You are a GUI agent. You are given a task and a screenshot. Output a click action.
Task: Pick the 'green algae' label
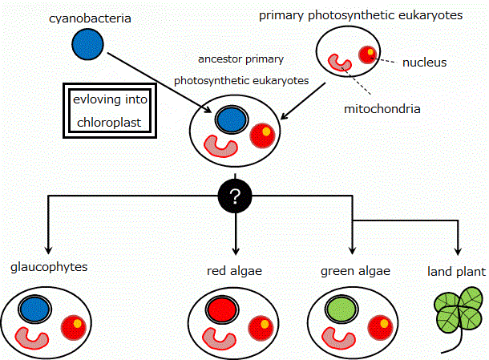(x=355, y=271)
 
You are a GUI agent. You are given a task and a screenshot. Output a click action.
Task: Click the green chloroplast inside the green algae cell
(x=342, y=309)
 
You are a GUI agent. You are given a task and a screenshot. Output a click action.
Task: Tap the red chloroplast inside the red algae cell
(x=220, y=309)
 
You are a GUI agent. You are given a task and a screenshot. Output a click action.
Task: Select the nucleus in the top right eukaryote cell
(x=367, y=54)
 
